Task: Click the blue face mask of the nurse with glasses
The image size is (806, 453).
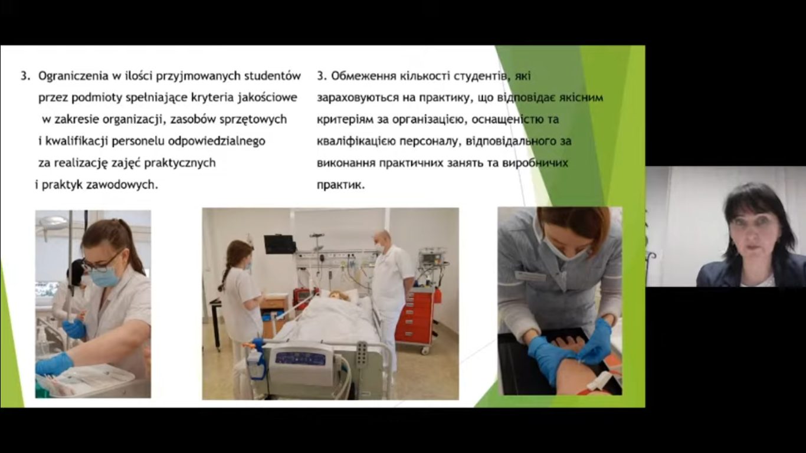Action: (x=104, y=275)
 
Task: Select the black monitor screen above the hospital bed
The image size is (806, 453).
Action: (x=279, y=244)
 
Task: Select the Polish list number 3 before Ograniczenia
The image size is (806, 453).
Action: (x=24, y=76)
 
